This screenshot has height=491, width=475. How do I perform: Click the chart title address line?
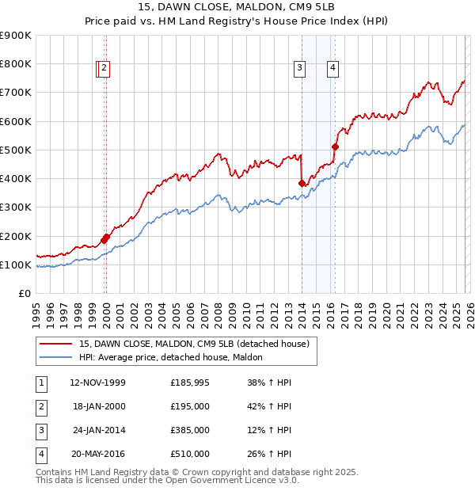237,8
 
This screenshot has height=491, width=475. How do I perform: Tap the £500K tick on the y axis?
16,150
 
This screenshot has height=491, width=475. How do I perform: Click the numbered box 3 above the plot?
300,69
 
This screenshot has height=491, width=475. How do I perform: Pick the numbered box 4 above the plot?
333,69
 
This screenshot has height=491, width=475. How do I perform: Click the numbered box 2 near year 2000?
105,69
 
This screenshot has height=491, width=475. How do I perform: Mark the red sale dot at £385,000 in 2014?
302,183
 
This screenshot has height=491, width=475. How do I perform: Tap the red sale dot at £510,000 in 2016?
335,147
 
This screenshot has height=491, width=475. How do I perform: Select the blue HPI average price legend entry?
176,358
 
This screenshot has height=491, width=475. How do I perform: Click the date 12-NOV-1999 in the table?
98,383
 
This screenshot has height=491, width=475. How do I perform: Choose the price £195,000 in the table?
190,406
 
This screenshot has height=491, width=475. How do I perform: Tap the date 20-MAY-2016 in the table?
98,454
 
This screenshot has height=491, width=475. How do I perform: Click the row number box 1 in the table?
40,383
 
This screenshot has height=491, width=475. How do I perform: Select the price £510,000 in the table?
190,454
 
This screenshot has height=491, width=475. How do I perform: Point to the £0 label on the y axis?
24,293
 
